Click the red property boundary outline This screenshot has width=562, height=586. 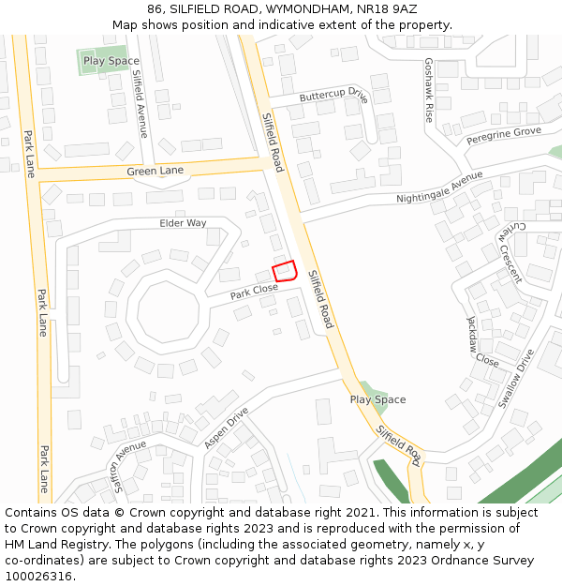(x=285, y=271)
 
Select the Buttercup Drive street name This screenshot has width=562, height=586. (x=333, y=96)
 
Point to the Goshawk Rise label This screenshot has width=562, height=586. (x=429, y=90)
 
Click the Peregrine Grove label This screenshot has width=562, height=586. (x=504, y=137)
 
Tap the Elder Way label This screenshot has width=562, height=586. (x=183, y=223)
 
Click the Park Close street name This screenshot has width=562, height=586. (x=254, y=291)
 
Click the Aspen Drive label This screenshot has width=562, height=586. (x=226, y=427)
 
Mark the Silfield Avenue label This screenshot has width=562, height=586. (x=140, y=104)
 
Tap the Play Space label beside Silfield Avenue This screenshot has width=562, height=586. (x=111, y=61)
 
